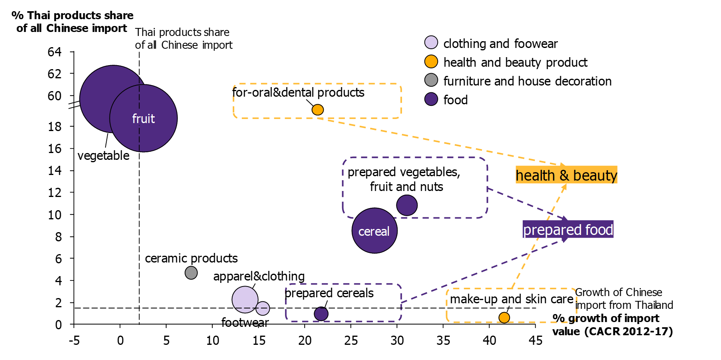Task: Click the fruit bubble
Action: pos(143,118)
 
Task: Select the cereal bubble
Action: pos(374,231)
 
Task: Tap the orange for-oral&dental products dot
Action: pos(317,109)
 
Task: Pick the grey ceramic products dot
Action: pos(191,273)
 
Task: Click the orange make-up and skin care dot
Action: pos(504,318)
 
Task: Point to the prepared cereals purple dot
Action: pos(321,314)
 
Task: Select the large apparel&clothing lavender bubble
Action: pos(244,300)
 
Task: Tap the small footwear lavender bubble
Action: pos(263,308)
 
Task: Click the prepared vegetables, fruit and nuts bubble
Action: pos(407,205)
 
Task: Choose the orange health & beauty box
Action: pos(566,175)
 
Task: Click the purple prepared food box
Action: pos(568,229)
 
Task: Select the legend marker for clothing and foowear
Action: pos(431,42)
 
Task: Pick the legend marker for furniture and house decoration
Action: pos(431,80)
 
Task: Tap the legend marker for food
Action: pos(431,99)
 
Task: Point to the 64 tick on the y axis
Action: pos(54,52)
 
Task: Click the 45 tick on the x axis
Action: pos(536,340)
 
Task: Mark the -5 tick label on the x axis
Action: pos(74,340)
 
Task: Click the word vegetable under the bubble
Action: pos(103,155)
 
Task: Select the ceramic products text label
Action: pos(191,259)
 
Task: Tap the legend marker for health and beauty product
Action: pos(431,62)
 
